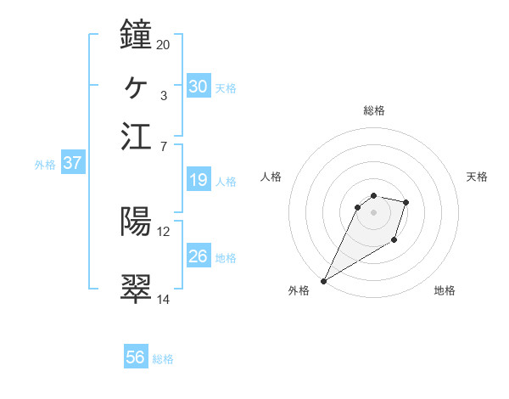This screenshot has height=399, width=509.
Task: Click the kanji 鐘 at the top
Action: [137, 35]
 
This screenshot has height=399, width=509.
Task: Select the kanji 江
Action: [137, 136]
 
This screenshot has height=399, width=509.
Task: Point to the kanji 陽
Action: [137, 222]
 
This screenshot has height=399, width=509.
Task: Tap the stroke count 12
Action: [163, 231]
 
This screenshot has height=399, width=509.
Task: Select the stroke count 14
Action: [163, 299]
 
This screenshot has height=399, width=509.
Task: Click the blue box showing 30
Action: [199, 86]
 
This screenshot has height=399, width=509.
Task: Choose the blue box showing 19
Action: [199, 180]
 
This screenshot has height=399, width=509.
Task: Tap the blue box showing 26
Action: [199, 256]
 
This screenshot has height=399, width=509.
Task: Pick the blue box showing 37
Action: [72, 163]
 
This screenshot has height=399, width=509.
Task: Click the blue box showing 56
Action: [136, 357]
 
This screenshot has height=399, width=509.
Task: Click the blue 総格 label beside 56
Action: [163, 359]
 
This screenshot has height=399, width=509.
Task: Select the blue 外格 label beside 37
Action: [45, 165]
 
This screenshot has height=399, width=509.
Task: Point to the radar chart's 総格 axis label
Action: [374, 110]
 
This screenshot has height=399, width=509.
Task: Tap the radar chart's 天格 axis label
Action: [477, 177]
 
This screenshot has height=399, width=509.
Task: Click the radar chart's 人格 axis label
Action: [271, 177]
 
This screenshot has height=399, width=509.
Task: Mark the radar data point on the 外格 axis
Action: [324, 281]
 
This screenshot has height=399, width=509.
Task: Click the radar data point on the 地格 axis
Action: [394, 241]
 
